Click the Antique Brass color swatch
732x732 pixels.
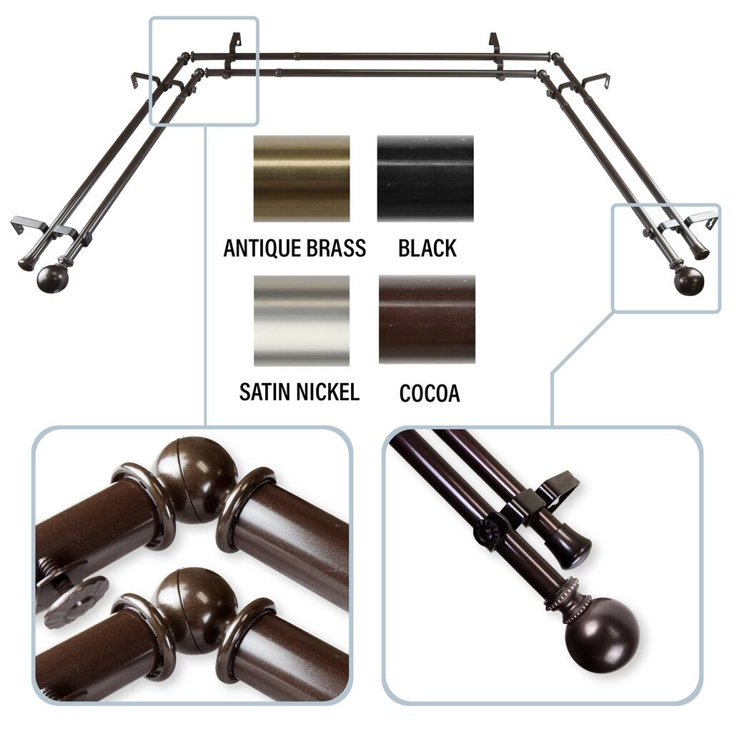(x=302, y=178)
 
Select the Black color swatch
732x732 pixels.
(x=425, y=178)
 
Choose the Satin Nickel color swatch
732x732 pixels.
(x=302, y=320)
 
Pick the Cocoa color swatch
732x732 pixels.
(x=427, y=320)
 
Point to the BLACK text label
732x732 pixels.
(x=427, y=248)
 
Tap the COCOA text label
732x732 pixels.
(x=430, y=394)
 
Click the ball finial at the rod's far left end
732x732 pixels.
(x=52, y=279)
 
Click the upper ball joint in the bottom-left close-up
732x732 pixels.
(x=196, y=480)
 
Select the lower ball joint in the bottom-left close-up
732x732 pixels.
(x=196, y=610)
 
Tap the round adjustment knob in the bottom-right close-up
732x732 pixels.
(x=488, y=532)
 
